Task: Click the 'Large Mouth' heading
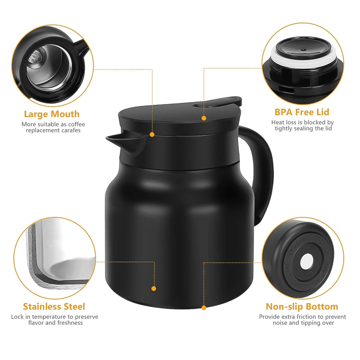pyautogui.click(x=52, y=114)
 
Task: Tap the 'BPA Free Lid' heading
pyautogui.click(x=302, y=112)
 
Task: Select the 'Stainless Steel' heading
pyautogui.click(x=54, y=306)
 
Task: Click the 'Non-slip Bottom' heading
pyautogui.click(x=302, y=306)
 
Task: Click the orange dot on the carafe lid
pyautogui.click(x=204, y=118)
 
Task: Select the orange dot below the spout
pyautogui.click(x=152, y=135)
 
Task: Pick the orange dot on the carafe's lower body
pyautogui.click(x=154, y=288)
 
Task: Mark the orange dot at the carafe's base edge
pyautogui.click(x=204, y=308)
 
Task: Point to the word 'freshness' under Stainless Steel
pyautogui.click(x=68, y=323)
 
